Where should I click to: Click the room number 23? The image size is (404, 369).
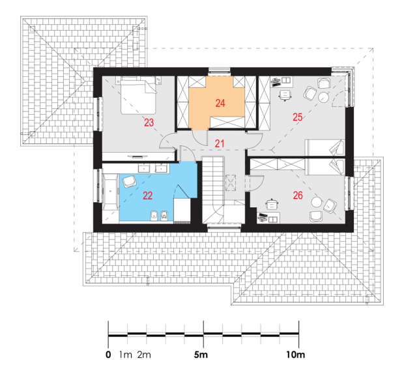tap(149, 123)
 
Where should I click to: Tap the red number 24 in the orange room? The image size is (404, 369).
tap(220, 103)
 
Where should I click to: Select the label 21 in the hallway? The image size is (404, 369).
tap(220, 143)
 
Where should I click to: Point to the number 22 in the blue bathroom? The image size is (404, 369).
tap(148, 196)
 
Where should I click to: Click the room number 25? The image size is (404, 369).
tap(298, 117)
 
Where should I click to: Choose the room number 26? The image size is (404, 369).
tap(298, 196)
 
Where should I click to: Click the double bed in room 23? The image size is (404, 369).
tap(138, 95)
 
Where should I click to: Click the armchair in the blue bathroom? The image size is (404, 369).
tap(129, 181)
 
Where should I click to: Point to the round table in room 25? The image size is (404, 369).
tap(323, 98)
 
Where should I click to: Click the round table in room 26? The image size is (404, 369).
tap(317, 202)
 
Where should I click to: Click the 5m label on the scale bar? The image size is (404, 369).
tap(201, 355)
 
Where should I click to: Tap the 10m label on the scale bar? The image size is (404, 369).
tap(296, 355)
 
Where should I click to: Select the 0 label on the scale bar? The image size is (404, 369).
tap(108, 355)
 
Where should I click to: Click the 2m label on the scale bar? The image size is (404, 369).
tap(144, 355)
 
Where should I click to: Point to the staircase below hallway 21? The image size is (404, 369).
tap(213, 190)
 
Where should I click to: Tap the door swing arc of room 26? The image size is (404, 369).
tap(261, 184)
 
